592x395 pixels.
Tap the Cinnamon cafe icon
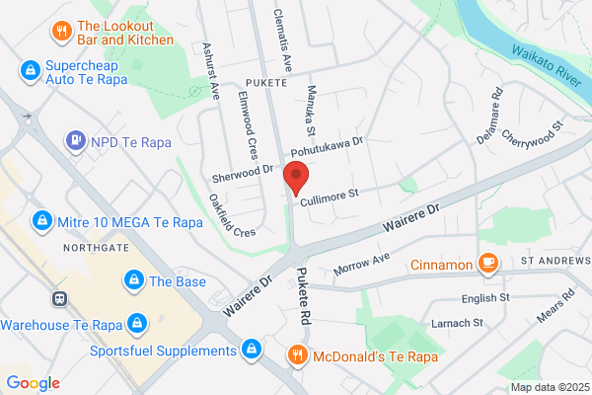486,262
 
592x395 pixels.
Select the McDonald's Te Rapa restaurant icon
295,354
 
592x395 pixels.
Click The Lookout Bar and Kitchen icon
61,31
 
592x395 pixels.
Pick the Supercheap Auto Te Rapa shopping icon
30,70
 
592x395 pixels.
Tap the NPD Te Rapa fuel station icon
74,141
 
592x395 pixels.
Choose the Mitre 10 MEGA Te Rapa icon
41,218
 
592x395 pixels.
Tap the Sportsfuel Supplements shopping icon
252,350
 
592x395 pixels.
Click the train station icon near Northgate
59,297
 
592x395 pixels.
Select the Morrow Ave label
364,264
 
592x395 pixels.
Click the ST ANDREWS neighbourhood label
552,262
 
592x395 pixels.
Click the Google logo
33,382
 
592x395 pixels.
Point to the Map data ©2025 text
548,387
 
